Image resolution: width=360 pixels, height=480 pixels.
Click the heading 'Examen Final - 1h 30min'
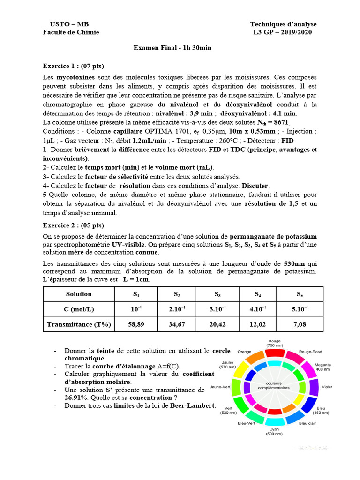coord(169,48)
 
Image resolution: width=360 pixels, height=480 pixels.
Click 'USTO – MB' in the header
coord(69,24)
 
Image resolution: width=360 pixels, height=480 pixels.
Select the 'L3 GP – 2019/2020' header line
coord(282,32)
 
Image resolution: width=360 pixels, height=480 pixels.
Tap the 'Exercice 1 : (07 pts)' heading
coord(73,66)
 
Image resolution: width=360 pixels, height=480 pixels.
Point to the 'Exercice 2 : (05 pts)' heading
coord(73,225)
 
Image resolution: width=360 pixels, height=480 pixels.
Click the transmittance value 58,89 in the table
coord(136,323)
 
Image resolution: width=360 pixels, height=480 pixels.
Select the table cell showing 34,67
coord(177,323)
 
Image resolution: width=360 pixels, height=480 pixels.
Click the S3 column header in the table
coord(217,294)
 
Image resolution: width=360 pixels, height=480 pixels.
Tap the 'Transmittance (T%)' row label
coord(79,323)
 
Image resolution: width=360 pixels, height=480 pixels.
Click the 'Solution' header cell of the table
coord(79,294)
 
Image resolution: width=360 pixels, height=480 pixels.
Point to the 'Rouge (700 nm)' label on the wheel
coord(274,343)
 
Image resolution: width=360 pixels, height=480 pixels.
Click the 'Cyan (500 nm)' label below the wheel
coord(274,431)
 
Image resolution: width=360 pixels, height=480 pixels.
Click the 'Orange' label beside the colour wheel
coord(244,351)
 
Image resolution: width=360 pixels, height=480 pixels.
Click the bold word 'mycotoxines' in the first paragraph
coord(75,77)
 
